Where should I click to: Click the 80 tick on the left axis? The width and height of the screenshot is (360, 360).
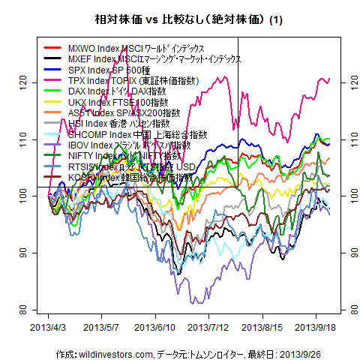pos(25,310)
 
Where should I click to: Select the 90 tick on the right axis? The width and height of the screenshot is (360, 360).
pos(346,252)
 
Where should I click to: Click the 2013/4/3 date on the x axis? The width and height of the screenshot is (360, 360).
pos(48,328)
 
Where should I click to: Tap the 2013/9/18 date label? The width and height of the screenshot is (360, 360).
pos(314,328)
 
